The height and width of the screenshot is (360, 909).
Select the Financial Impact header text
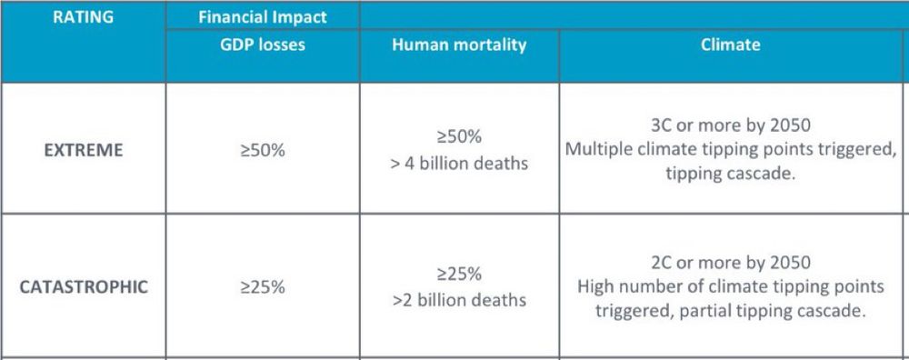pos(262,16)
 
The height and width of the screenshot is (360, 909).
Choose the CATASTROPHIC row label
pos(83,287)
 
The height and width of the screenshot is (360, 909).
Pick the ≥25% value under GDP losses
pos(262,287)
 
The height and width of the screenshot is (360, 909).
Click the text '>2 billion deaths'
pos(459,300)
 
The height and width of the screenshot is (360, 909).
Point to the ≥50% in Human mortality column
pos(459,137)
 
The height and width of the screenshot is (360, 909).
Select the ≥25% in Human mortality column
pos(459,274)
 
